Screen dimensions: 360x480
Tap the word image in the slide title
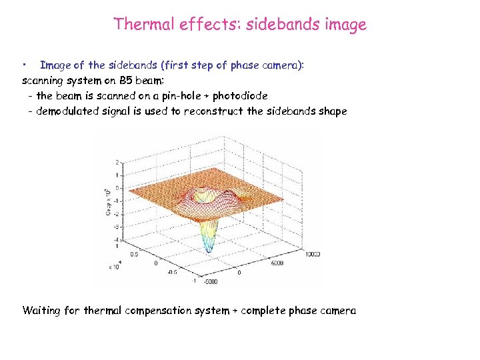[x=346, y=25]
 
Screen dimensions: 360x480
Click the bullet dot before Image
[x=23, y=65]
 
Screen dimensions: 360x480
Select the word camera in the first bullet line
[x=280, y=65]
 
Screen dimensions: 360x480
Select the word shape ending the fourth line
[x=332, y=111]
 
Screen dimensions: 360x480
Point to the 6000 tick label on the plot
[x=277, y=263]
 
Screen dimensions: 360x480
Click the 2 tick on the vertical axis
[x=118, y=162]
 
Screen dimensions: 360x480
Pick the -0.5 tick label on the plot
[x=173, y=272]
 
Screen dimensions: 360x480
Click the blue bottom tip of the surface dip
[x=209, y=250]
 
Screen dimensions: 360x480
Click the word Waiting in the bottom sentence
[x=42, y=311]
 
